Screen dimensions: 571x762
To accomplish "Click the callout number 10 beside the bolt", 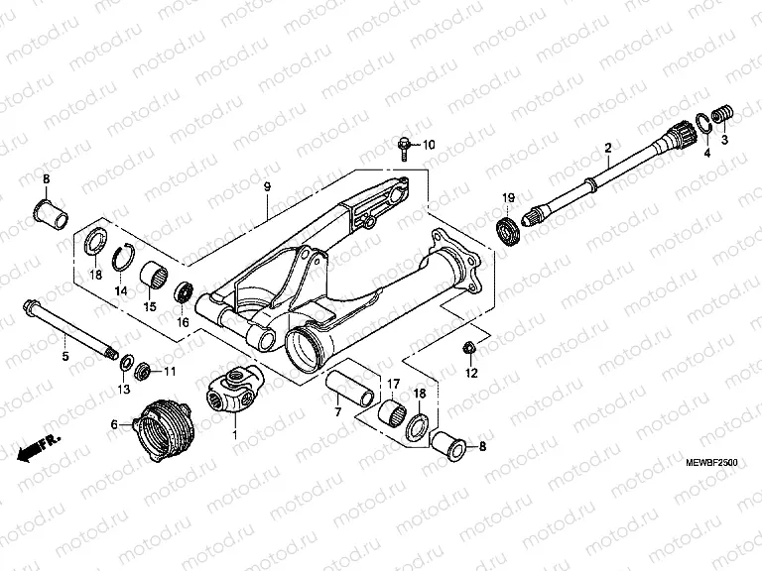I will point(429,146).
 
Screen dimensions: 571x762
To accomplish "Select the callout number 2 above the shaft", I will point(607,149).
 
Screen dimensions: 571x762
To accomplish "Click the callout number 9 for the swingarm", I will point(267,186).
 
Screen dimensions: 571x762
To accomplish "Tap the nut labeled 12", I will point(469,348).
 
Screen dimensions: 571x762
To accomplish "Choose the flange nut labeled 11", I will point(141,371).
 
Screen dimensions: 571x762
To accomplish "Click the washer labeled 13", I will point(126,366).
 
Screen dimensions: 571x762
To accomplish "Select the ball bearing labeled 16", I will point(183,292).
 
